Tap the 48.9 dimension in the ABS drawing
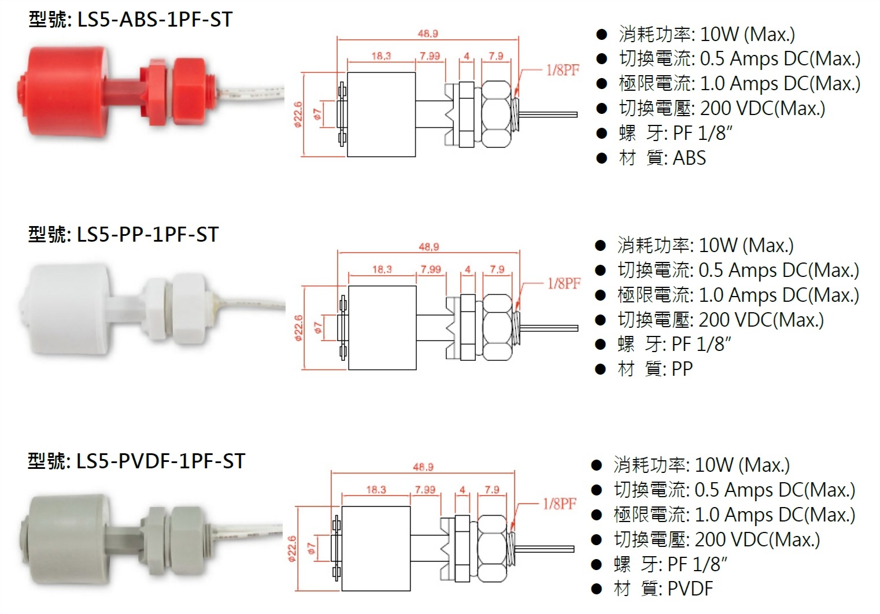(428, 34)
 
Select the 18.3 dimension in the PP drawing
(382, 269)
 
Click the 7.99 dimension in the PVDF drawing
(425, 490)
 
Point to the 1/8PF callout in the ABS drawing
(562, 71)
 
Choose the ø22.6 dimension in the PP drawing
(298, 327)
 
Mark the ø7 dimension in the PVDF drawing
(311, 548)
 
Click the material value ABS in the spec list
(690, 158)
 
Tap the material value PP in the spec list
(682, 369)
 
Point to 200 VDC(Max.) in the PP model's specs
(761, 320)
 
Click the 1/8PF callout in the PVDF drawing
(559, 504)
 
